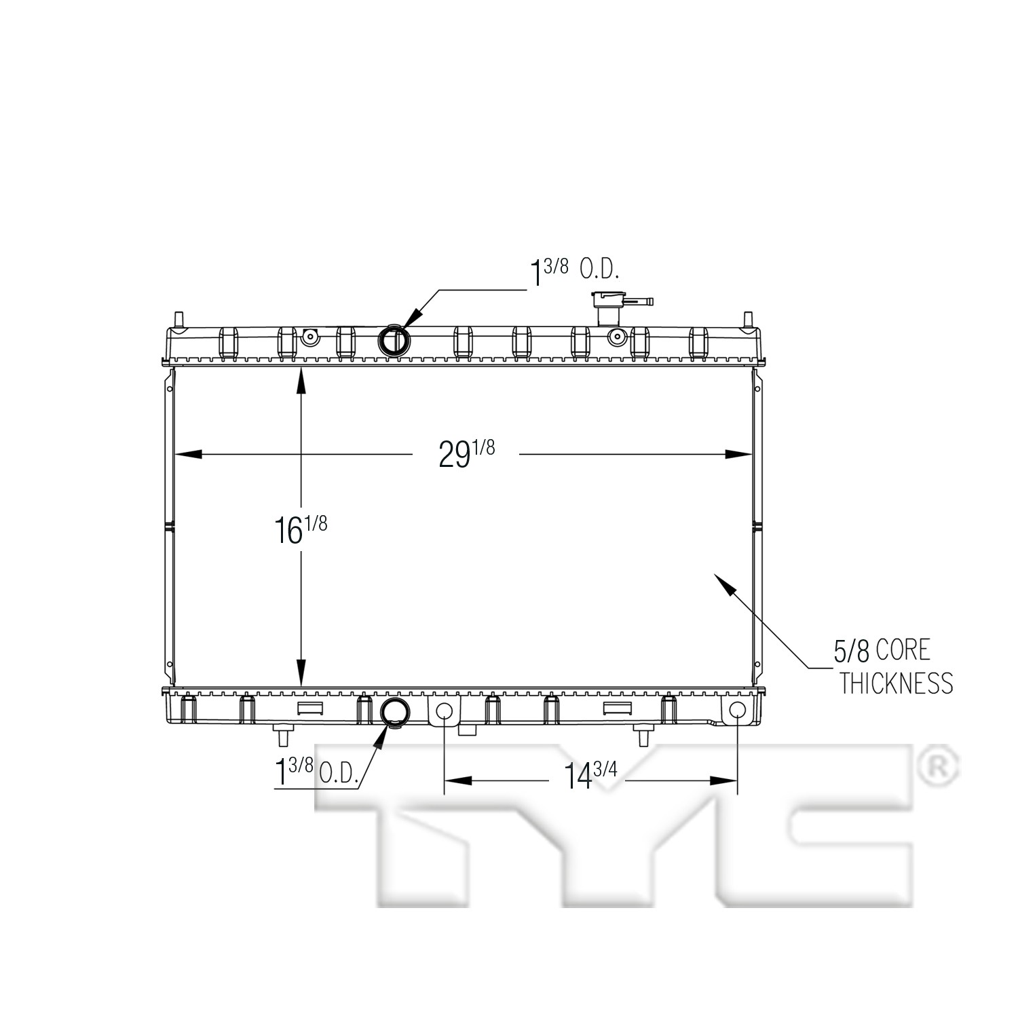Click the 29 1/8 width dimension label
pyautogui.click(x=467, y=453)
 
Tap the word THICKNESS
pyautogui.click(x=897, y=683)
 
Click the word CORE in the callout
pyautogui.click(x=903, y=650)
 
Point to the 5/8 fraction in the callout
pyautogui.click(x=852, y=652)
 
